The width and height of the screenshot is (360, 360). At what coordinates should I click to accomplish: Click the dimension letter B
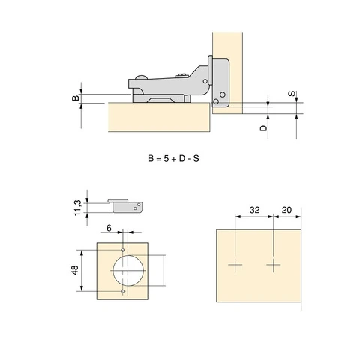pyautogui.click(x=76, y=97)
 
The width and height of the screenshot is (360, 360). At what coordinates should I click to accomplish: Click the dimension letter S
pyautogui.click(x=292, y=94)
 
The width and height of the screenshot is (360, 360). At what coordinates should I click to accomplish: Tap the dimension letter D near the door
pyautogui.click(x=263, y=128)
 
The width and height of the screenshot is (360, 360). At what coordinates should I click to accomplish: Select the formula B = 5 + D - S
pyautogui.click(x=173, y=158)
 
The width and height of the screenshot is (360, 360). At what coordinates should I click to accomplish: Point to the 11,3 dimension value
pyautogui.click(x=77, y=208)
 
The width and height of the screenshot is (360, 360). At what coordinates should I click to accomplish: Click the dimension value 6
pyautogui.click(x=109, y=228)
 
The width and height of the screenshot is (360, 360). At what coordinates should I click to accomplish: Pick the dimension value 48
pyautogui.click(x=75, y=270)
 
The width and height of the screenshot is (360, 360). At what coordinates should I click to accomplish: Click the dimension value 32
pyautogui.click(x=254, y=210)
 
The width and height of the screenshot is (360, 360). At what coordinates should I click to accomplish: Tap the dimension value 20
pyautogui.click(x=286, y=210)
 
